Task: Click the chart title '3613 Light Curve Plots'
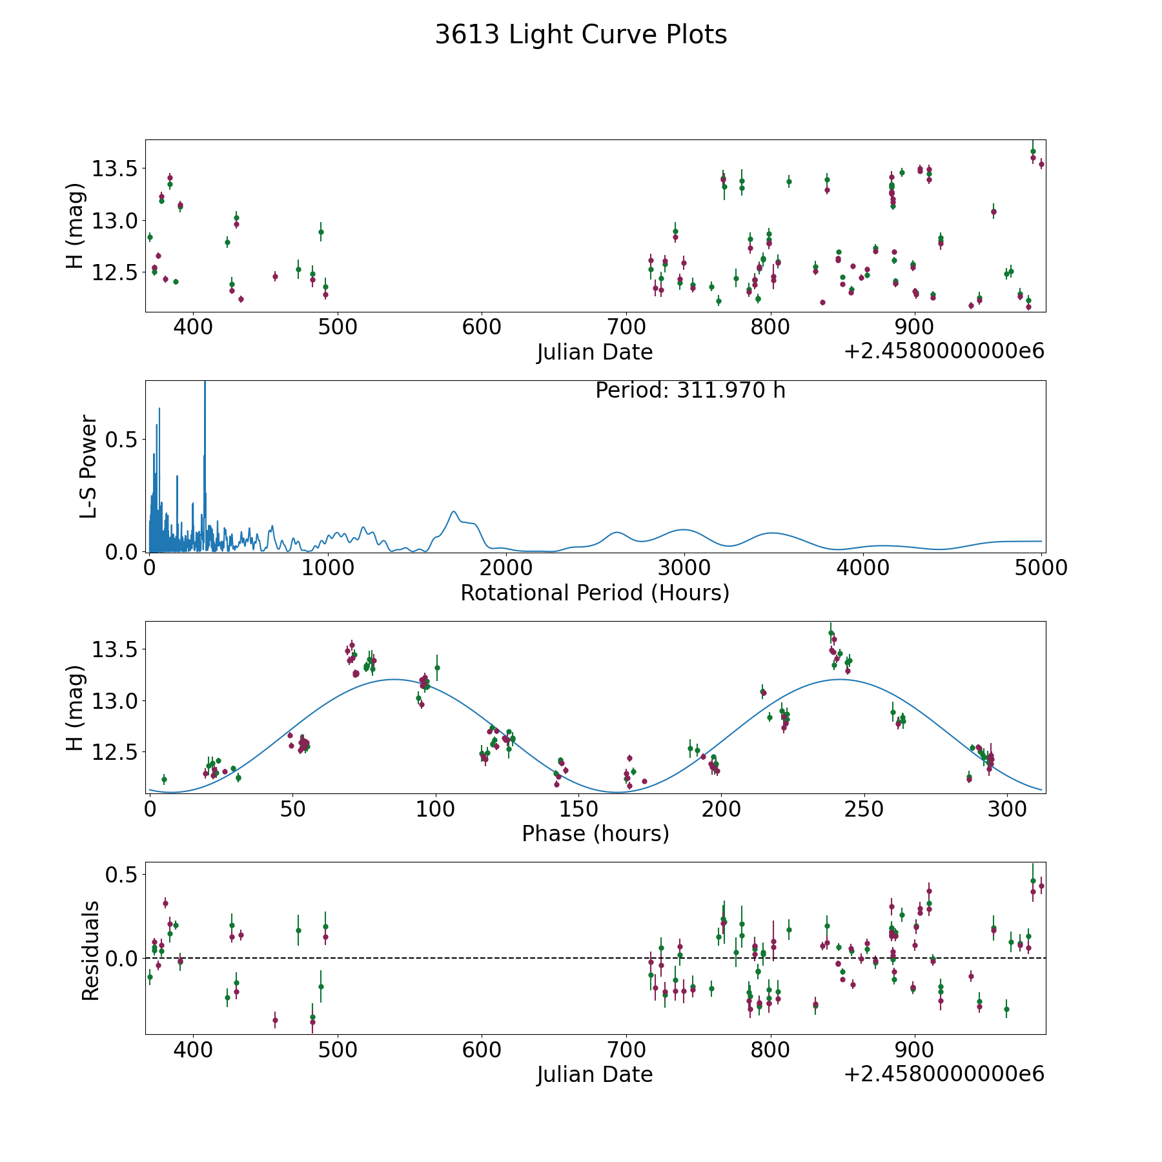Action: point(581,35)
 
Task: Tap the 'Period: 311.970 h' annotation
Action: point(690,391)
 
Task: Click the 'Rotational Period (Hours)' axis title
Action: point(595,593)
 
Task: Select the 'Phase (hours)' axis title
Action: point(595,833)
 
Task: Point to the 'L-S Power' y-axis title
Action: point(89,466)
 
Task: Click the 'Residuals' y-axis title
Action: point(90,950)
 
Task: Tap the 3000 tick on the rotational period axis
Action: point(684,568)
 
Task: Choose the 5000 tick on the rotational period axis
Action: point(1041,568)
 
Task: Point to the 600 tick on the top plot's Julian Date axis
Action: point(482,327)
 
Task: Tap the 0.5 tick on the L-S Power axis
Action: point(123,440)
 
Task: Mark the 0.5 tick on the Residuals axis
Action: point(123,875)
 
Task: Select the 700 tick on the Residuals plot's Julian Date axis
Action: point(626,1050)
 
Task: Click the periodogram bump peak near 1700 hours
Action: point(454,512)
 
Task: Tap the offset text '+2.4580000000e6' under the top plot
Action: point(944,351)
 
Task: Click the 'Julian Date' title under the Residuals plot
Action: point(595,1074)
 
